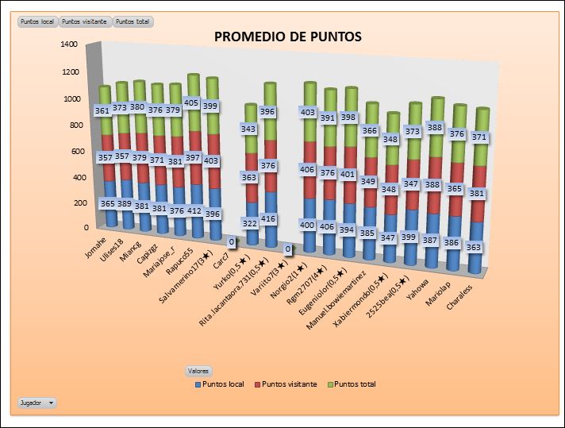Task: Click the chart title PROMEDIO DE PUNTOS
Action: point(288,37)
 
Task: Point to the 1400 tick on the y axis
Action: point(68,44)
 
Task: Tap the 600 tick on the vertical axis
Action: point(71,152)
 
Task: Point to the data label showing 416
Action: point(267,218)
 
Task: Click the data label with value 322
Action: point(250,224)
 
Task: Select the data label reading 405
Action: point(190,102)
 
